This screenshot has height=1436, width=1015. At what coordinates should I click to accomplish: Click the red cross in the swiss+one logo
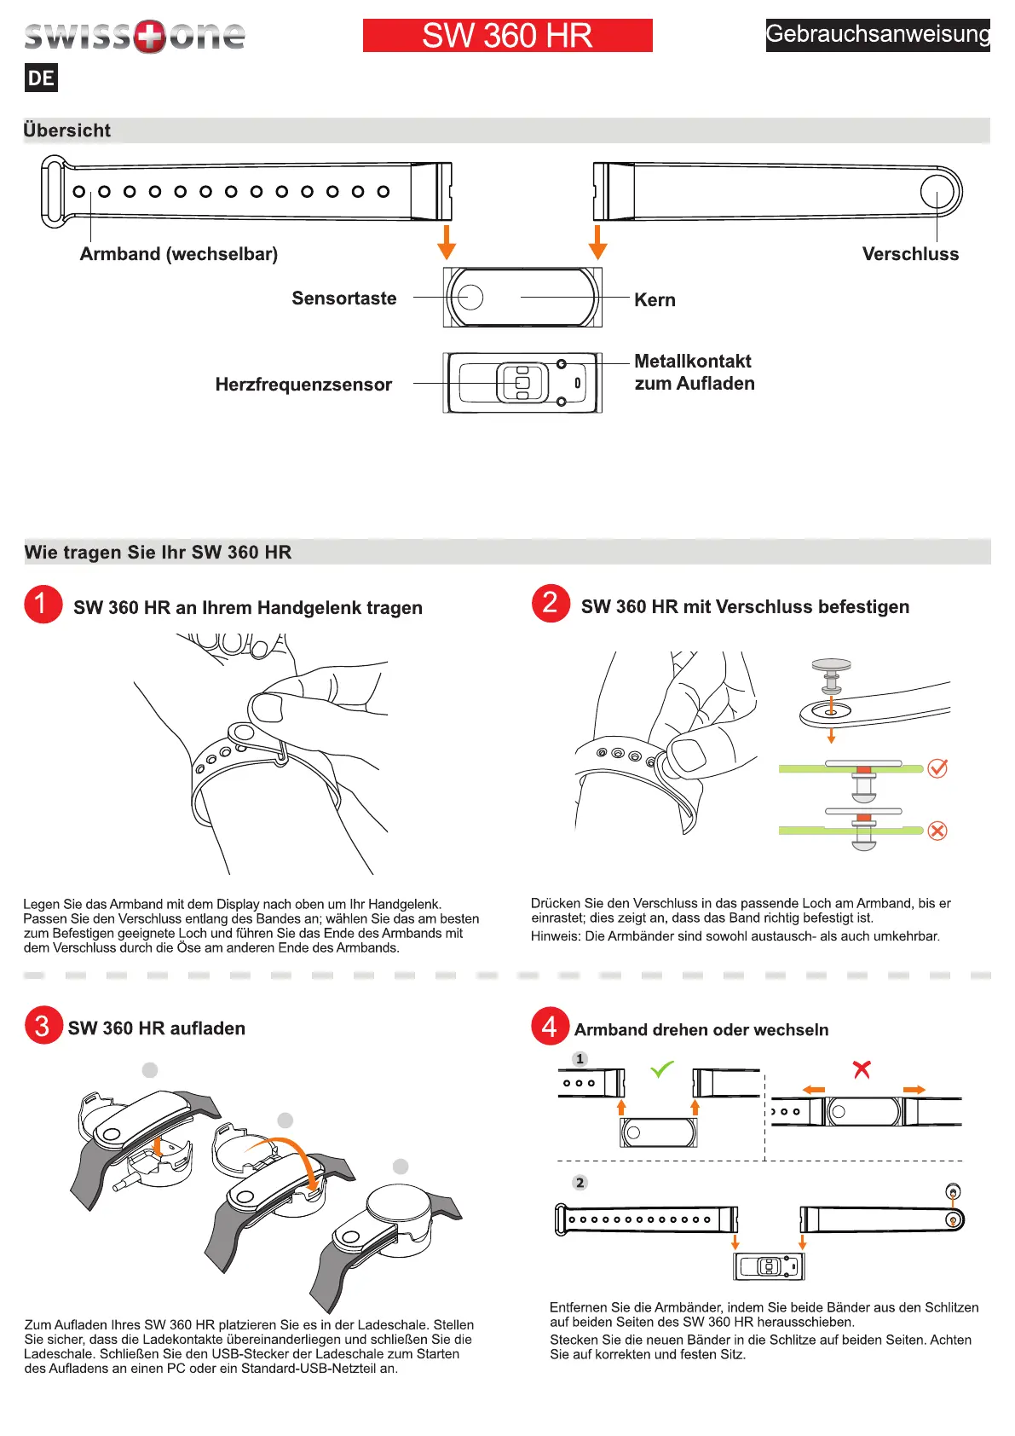click(x=150, y=37)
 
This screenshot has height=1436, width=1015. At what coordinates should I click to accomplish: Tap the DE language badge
click(x=41, y=78)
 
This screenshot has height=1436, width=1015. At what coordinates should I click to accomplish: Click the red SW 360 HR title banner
click(x=507, y=36)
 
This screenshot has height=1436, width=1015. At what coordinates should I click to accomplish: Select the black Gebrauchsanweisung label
click(x=877, y=35)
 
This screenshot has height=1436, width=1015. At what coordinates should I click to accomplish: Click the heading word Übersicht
click(x=67, y=130)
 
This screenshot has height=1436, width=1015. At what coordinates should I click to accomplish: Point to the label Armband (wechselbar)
click(x=179, y=254)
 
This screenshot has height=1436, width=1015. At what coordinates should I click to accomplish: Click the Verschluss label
click(x=910, y=254)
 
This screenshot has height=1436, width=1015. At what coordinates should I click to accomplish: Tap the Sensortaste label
click(x=344, y=298)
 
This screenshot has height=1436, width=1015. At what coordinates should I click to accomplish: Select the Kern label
click(x=655, y=300)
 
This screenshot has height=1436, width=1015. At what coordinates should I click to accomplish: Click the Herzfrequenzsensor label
click(x=303, y=385)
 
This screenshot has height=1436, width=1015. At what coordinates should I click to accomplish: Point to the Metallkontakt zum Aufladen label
click(x=694, y=373)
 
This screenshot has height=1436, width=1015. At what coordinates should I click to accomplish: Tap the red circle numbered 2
click(x=551, y=604)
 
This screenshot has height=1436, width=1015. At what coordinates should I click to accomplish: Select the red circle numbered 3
click(x=43, y=1026)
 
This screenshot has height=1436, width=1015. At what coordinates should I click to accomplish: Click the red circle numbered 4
click(x=551, y=1027)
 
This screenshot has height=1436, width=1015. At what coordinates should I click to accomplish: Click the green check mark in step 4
click(x=662, y=1068)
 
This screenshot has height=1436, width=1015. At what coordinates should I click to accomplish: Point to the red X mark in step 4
click(x=862, y=1068)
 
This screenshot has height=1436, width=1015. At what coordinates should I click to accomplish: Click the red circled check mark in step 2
click(x=937, y=768)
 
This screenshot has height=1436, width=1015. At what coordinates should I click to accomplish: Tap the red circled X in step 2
click(x=937, y=831)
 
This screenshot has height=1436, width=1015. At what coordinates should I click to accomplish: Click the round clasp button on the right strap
click(x=937, y=191)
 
